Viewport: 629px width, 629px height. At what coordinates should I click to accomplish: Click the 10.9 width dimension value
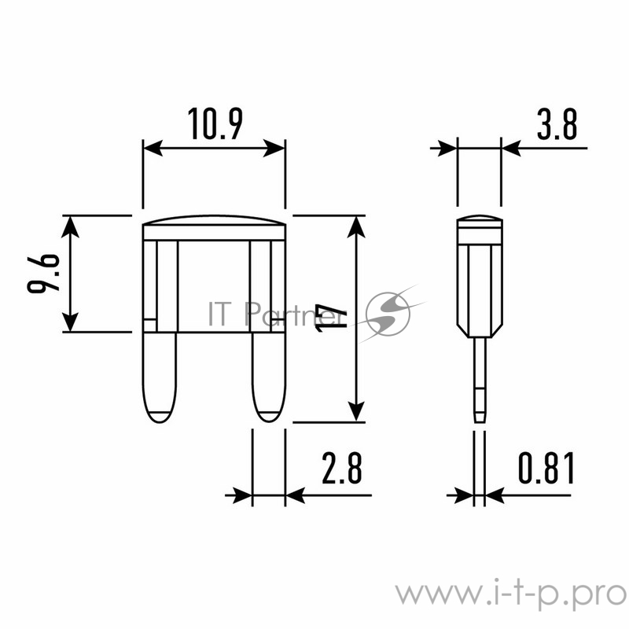coord(215,124)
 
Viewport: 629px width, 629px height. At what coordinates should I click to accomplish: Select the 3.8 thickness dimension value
coord(557,124)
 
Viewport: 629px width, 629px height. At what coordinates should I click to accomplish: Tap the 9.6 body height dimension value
coord(43,274)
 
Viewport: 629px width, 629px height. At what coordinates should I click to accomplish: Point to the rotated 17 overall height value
coord(331,318)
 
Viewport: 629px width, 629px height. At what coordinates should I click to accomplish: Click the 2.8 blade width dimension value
coord(342,467)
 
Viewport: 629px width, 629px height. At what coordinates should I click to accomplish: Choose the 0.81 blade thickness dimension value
coord(546,467)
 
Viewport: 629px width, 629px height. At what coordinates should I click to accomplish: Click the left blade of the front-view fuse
coord(160,377)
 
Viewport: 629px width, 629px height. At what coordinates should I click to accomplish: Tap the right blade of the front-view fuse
coord(269,377)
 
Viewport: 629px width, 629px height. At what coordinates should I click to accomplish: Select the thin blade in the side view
coord(480,380)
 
